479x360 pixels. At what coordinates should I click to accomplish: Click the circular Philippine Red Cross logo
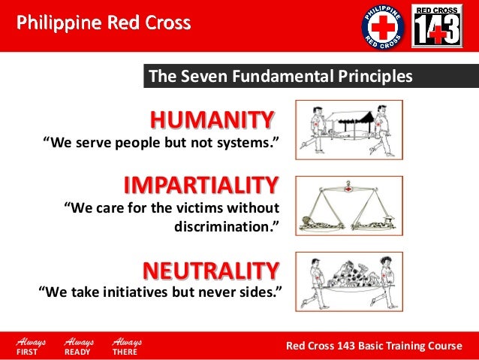tap(383, 26)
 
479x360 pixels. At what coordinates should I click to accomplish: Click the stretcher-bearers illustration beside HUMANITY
tap(348, 130)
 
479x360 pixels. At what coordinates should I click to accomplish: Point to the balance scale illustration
tap(348, 204)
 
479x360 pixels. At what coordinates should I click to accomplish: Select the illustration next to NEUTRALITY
tap(348, 280)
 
